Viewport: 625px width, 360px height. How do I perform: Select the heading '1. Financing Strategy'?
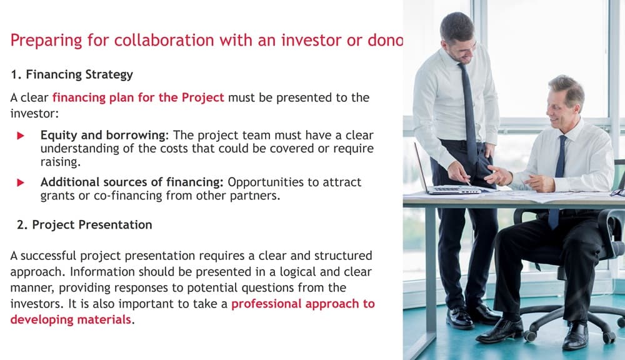click(x=72, y=74)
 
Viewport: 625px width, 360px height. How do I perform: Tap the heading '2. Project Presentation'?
click(x=81, y=224)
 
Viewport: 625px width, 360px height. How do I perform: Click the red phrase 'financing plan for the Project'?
click(x=138, y=97)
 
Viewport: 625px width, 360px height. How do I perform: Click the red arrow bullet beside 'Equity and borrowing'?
click(x=21, y=136)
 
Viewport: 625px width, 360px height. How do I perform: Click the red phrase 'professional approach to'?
click(x=303, y=304)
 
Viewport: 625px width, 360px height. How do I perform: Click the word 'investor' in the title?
click(x=294, y=41)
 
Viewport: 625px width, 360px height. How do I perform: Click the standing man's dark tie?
click(x=469, y=112)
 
